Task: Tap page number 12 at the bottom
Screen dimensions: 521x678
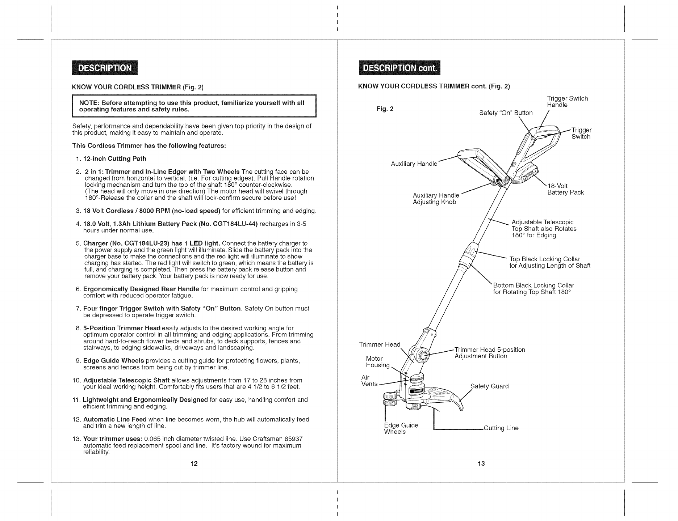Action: (x=194, y=464)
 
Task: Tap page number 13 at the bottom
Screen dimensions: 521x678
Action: (x=481, y=464)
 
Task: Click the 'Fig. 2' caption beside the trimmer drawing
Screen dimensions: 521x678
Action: (x=385, y=109)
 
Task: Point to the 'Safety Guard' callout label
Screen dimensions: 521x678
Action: (x=489, y=386)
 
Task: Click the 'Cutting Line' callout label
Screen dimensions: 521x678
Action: (x=501, y=428)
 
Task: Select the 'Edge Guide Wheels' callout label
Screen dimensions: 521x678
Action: (x=401, y=428)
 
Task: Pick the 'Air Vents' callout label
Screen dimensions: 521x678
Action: (x=369, y=381)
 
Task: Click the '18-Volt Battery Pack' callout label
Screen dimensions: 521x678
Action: (x=565, y=189)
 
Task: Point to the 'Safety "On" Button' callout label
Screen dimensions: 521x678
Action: (x=506, y=113)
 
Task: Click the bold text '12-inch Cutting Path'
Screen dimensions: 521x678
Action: (x=115, y=158)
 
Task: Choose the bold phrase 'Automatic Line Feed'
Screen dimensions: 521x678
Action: (x=115, y=419)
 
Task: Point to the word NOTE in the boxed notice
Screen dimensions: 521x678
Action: (x=87, y=103)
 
